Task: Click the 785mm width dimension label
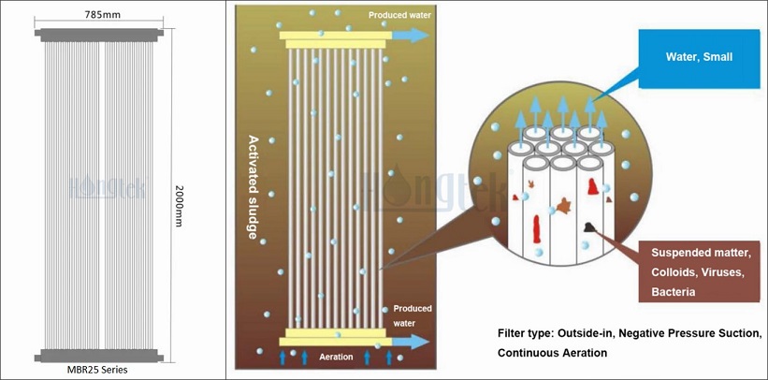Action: coord(106,14)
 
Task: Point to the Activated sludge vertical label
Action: coord(253,187)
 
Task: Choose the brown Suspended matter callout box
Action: coord(697,271)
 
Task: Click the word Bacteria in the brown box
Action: coord(673,293)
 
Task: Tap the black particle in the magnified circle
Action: coord(592,227)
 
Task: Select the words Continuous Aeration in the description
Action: coord(552,353)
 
